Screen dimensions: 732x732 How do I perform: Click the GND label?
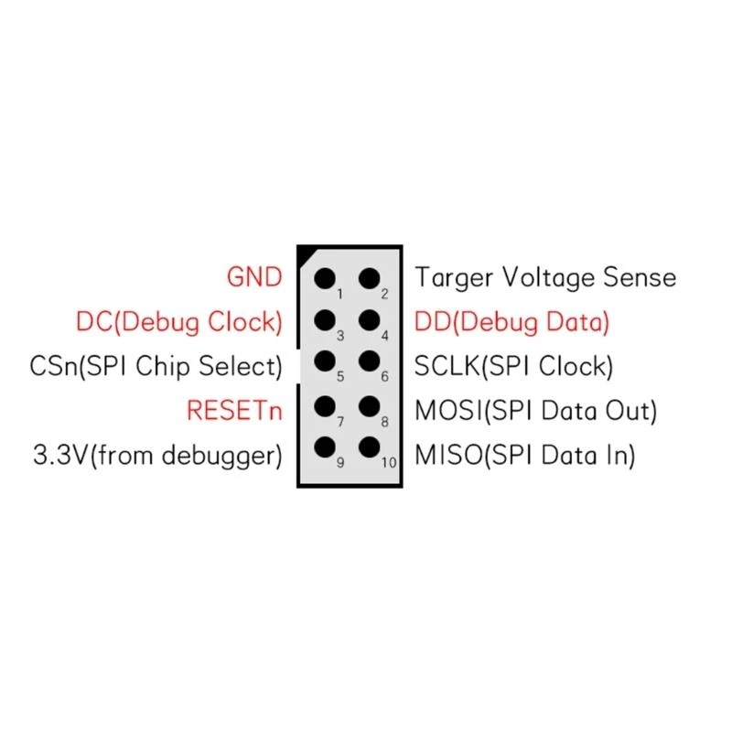254,276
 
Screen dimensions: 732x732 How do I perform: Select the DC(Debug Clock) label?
178,321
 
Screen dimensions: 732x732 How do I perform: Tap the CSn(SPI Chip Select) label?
156,366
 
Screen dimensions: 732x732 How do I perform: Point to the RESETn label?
234,410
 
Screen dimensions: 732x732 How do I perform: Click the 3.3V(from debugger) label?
157,455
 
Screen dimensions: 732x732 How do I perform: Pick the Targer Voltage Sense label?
545,276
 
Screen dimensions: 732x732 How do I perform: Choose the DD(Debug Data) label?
511,321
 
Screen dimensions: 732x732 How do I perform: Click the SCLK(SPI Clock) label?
513,366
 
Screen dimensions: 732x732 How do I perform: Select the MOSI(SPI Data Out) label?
536,410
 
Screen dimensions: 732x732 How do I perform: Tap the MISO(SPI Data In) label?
525,455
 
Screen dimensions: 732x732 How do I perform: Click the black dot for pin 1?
324,277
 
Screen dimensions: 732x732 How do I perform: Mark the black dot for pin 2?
370,277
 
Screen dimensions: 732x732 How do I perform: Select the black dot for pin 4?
370,320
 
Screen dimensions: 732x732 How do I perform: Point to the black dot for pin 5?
324,362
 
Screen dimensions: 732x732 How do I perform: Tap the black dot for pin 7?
324,405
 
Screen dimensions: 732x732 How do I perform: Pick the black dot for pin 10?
370,448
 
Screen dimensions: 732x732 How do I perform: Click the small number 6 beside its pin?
385,376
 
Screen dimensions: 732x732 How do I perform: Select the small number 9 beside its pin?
339,463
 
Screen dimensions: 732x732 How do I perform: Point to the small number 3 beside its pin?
339,335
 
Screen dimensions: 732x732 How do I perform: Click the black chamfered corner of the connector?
306,253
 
